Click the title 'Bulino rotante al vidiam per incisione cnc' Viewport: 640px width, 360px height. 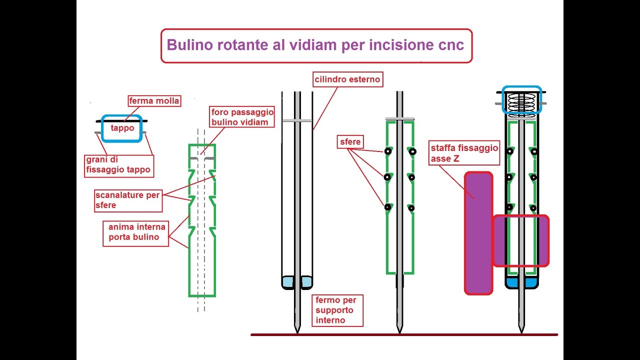tap(315, 45)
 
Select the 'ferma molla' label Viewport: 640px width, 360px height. tap(154, 101)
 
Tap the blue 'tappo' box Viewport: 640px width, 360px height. tap(122, 128)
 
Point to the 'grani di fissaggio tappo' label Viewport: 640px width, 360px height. tap(118, 165)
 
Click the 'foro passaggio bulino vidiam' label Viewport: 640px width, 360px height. tap(242, 117)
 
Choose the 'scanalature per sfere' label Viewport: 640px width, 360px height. tap(127, 200)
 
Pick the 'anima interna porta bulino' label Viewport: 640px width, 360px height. tap(133, 232)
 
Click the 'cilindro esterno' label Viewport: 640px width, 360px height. tap(347, 79)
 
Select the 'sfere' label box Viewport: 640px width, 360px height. tap(350, 142)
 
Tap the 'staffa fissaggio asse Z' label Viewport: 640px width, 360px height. tap(464, 153)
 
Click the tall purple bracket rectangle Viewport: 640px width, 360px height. tap(478, 232)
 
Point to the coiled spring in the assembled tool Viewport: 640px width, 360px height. tap(521, 103)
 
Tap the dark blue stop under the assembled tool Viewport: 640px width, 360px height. tap(521, 283)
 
